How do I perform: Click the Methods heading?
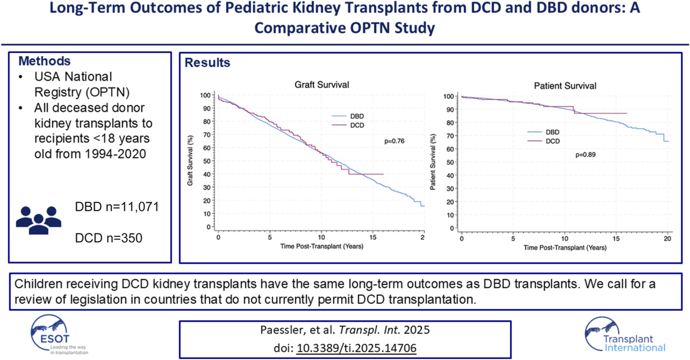(44, 61)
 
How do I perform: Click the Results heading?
(207, 63)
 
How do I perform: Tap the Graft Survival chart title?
(322, 85)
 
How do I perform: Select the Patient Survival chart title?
(565, 86)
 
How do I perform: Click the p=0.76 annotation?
(394, 141)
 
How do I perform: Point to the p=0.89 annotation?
(585, 155)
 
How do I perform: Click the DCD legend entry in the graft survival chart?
(357, 125)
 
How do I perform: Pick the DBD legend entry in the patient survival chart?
(552, 132)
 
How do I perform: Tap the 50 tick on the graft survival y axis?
(206, 161)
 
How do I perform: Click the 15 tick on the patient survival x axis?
(616, 239)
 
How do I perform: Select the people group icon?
(39, 220)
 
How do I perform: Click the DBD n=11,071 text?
(117, 207)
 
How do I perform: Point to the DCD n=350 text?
(109, 238)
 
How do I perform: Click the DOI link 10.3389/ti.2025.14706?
(356, 348)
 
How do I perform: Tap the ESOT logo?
(55, 335)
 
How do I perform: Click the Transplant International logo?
(625, 335)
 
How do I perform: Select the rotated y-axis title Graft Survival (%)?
(190, 160)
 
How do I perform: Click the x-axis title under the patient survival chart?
(565, 248)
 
